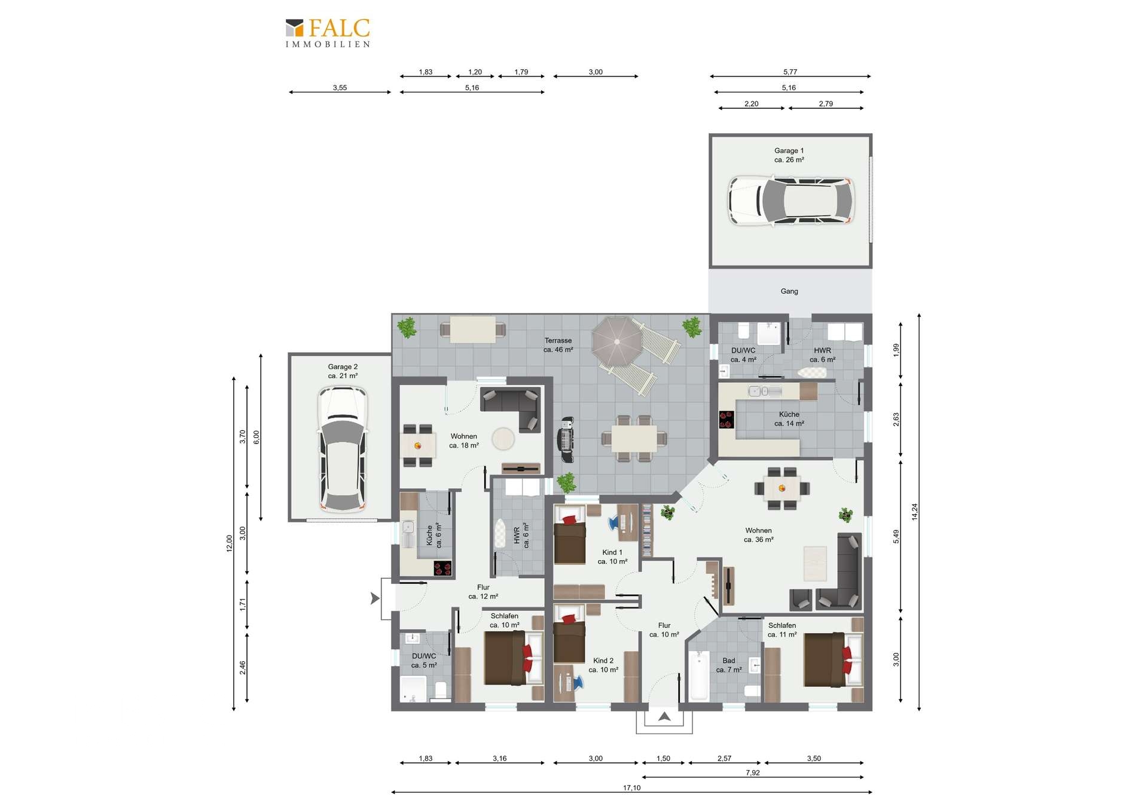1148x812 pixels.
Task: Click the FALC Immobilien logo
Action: pos(328,33)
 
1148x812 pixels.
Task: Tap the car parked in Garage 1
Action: pos(791,200)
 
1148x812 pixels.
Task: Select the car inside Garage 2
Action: pos(343,449)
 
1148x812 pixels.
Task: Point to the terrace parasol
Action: pos(617,342)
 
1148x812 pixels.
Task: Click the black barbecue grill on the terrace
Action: pos(566,440)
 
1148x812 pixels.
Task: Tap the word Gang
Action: pos(789,291)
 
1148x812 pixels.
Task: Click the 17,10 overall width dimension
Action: pos(631,788)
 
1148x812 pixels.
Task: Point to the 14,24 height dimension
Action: pos(914,512)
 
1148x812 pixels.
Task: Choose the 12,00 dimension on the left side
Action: pos(229,543)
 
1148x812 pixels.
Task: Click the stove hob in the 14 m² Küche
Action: pos(726,419)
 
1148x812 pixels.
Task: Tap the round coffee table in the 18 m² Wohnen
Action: pos(503,439)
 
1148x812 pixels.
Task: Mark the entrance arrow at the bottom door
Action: pos(664,716)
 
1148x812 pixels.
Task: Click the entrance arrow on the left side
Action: pos(375,598)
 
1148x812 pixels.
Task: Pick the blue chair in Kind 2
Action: pos(578,683)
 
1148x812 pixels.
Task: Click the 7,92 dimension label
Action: pos(753,773)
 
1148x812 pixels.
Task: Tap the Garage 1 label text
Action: pos(789,151)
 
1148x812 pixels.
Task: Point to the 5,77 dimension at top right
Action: pos(790,72)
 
